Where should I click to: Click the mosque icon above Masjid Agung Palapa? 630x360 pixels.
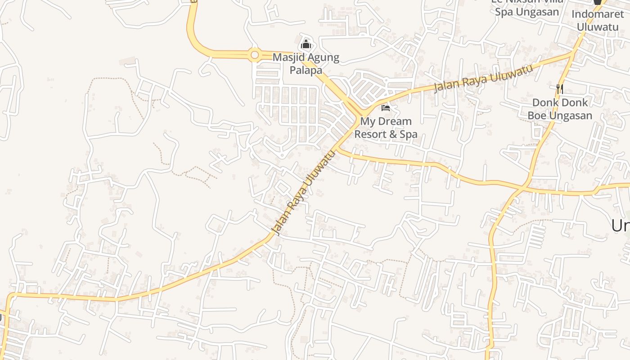306,44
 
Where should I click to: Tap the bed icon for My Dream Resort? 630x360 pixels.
386,108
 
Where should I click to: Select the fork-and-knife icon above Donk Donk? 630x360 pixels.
559,89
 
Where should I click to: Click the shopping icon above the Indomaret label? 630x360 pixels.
598,2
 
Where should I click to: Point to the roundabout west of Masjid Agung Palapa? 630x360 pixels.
255,55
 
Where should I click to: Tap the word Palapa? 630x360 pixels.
306,70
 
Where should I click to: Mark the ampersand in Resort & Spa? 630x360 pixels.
393,134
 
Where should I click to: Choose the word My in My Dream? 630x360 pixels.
368,121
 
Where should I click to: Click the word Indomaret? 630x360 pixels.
598,14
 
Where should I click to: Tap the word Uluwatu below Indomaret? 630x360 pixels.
598,27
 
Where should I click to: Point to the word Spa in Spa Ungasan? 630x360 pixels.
504,12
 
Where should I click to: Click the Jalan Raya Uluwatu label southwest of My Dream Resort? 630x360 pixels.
304,193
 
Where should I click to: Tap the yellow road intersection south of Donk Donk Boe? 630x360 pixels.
523,187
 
